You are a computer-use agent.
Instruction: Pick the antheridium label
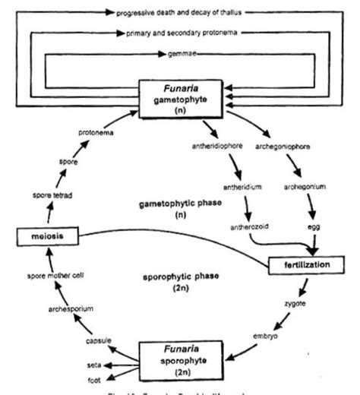(242, 185)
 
